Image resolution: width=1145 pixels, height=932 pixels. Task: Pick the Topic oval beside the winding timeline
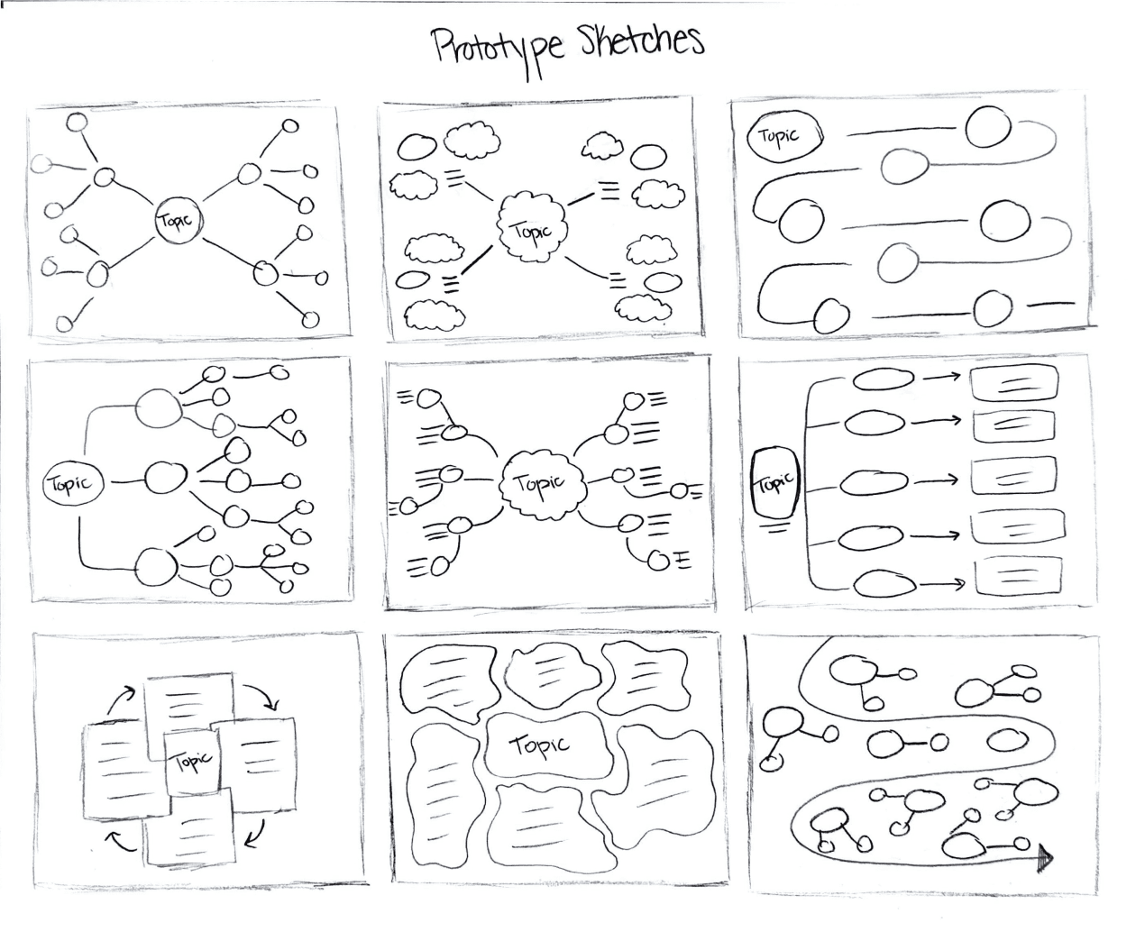785,137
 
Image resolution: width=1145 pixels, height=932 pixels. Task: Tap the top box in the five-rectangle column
1013,382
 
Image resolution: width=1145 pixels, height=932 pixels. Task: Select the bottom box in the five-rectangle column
1016,574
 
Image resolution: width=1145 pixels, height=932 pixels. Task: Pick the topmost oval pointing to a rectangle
882,379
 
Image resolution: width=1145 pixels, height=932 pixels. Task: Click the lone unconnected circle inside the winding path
1008,740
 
